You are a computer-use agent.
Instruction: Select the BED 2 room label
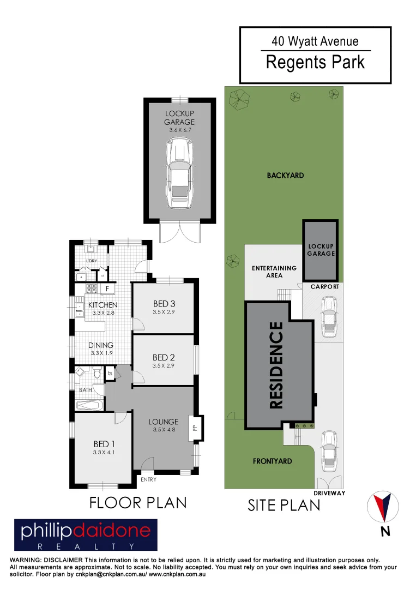(164, 358)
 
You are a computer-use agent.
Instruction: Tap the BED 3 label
(164, 304)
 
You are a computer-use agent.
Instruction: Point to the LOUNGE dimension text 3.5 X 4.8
(164, 430)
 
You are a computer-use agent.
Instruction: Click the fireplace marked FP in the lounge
(196, 428)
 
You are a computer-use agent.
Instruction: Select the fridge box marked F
(107, 289)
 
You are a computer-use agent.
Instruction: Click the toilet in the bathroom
(97, 373)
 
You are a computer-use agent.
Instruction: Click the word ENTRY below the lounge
(148, 480)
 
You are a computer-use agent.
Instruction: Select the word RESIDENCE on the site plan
(277, 365)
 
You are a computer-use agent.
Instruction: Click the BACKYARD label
(285, 176)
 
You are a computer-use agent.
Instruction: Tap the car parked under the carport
(329, 316)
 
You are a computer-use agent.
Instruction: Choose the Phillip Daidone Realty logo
(86, 534)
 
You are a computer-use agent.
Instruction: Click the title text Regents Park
(315, 62)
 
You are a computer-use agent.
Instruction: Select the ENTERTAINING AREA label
(274, 272)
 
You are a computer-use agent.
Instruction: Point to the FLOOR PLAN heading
(138, 502)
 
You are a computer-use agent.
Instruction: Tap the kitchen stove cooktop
(92, 289)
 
